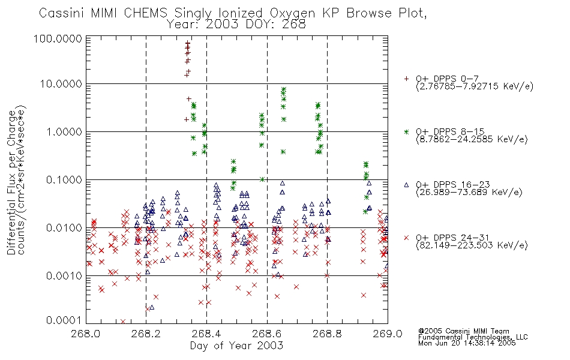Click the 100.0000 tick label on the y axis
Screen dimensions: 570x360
[58, 38]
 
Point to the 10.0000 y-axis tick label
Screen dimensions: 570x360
[61, 84]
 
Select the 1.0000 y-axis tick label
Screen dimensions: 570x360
[64, 131]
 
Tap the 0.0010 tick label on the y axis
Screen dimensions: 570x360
[64, 275]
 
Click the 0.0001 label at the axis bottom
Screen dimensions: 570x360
[64, 320]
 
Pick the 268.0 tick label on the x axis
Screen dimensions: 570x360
[86, 334]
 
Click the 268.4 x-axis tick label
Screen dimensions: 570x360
[206, 334]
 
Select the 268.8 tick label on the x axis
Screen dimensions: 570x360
[327, 334]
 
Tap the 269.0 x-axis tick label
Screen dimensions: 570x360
[388, 334]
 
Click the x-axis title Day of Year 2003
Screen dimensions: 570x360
[236, 346]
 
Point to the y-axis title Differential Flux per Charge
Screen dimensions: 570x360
[11, 182]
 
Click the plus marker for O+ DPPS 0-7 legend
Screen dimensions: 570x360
[406, 79]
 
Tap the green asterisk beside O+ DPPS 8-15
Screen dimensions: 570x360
[406, 131]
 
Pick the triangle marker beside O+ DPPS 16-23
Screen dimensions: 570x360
[406, 185]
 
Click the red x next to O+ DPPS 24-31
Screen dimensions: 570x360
[406, 238]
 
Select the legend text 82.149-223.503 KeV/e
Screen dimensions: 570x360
[472, 245]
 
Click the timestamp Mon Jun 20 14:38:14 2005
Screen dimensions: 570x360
[467, 343]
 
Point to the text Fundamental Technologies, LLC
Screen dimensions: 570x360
[473, 337]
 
